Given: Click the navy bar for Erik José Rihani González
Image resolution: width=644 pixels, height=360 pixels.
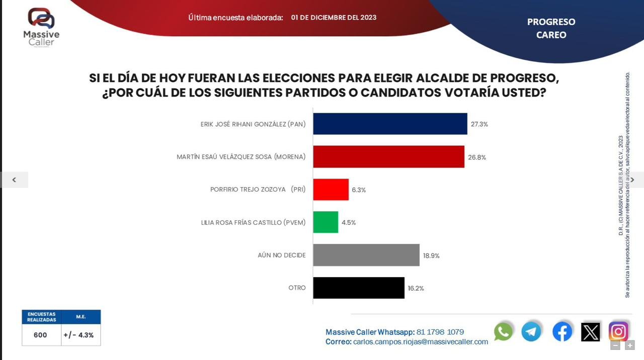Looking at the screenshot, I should tap(390, 124).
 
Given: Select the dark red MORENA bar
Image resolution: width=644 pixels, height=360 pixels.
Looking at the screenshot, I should tap(388, 157).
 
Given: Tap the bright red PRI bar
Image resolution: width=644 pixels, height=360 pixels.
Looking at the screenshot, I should tap(331, 190).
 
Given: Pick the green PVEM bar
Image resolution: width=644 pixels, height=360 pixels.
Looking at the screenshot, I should tap(326, 222).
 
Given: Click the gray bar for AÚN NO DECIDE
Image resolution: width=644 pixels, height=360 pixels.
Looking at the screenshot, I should tap(366, 255).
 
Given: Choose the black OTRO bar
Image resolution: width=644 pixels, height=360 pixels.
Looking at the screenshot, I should tap(359, 288).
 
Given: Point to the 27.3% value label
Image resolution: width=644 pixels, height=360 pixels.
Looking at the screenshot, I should tap(479, 124).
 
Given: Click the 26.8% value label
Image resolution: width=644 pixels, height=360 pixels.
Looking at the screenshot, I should tap(476, 157).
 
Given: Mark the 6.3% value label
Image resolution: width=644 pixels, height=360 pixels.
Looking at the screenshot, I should tap(359, 190).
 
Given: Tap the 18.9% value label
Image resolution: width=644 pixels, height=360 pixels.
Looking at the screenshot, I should tap(431, 255).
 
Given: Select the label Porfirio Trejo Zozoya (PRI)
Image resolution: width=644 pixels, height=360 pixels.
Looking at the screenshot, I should tap(258, 190).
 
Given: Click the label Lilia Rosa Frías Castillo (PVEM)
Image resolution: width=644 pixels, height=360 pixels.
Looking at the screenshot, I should tap(253, 222).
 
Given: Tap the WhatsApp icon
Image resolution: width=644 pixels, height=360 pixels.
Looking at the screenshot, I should tap(503, 331).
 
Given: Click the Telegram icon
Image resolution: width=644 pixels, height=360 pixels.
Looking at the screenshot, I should tap(531, 331).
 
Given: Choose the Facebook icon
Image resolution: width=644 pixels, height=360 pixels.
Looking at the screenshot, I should tap(562, 331).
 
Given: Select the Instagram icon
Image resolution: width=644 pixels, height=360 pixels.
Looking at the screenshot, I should tap(618, 331).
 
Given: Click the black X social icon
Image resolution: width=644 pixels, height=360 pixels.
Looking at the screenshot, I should tap(591, 332).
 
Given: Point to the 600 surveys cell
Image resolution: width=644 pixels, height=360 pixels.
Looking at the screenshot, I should tap(41, 335).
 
